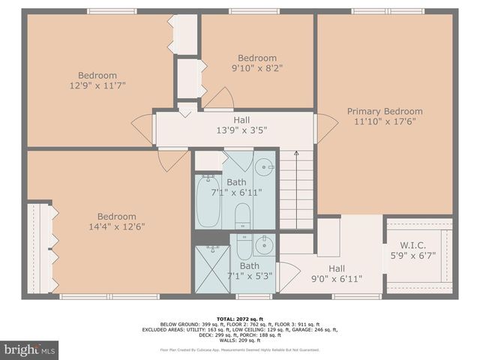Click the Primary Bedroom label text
click(384, 111)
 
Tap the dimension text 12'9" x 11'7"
click(97, 86)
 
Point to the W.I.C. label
click(414, 244)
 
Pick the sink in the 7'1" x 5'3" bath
click(264, 244)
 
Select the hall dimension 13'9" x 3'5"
click(241, 130)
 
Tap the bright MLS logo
click(29, 349)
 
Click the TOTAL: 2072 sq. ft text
click(240, 319)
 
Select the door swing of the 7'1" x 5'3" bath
click(285, 275)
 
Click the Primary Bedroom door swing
click(327, 128)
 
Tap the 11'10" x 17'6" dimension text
click(384, 121)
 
